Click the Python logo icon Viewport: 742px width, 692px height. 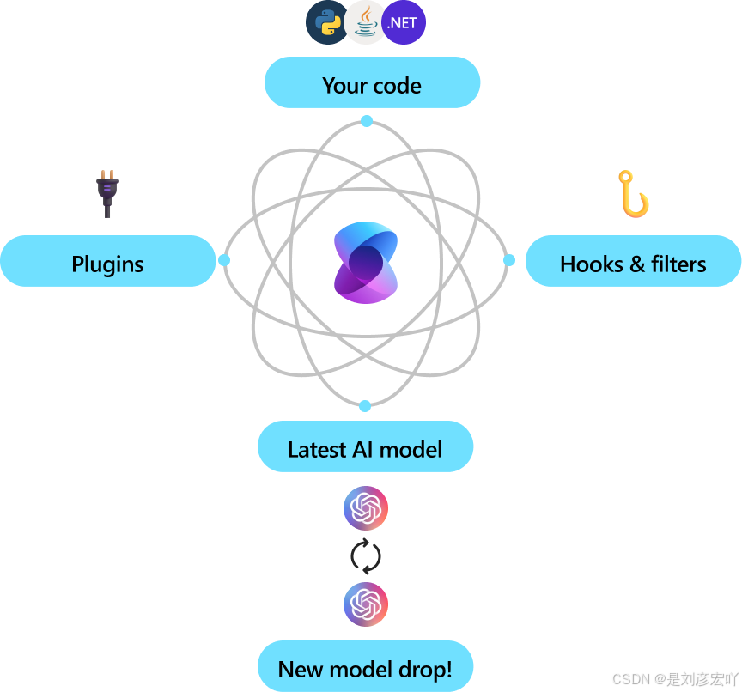coord(327,23)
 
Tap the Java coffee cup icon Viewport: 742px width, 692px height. coord(366,23)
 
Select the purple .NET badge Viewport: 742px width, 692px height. coord(404,23)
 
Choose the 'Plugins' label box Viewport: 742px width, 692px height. coord(107,262)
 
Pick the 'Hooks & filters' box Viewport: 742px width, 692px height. coord(633,262)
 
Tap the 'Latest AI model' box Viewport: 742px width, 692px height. coord(365,447)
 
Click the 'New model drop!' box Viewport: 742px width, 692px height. coord(365,667)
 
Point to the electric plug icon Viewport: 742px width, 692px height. coord(106,193)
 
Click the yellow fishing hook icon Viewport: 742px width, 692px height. coord(634,195)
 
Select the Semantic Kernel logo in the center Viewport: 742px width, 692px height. coord(366,262)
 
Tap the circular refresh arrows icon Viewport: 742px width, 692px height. coord(366,556)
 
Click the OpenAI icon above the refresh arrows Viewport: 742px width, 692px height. coord(366,508)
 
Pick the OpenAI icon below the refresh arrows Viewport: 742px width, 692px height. coord(366,604)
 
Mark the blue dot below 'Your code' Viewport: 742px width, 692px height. coord(367,121)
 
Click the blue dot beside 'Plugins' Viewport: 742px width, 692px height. coord(224,259)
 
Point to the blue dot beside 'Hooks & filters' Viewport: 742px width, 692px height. coord(508,259)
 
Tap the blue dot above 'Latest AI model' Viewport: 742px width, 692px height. coord(365,405)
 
